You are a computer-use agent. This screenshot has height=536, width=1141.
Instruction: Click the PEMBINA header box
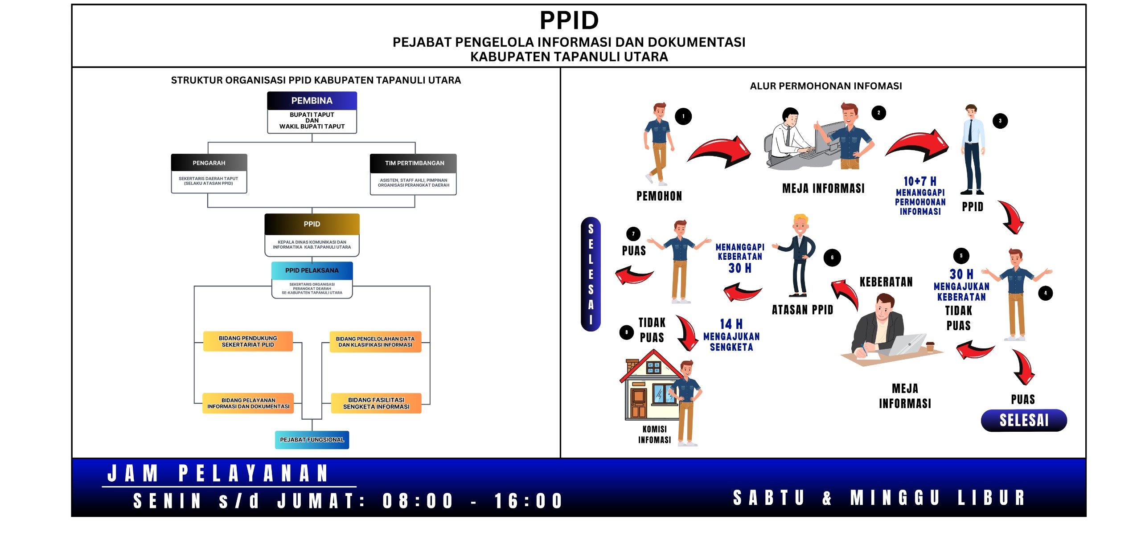(312, 101)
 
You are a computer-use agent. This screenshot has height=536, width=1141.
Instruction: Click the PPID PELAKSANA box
(312, 270)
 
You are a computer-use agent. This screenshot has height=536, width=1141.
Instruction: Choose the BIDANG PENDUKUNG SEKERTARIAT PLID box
(248, 341)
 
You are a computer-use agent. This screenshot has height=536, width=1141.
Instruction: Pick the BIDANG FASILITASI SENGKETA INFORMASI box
(376, 403)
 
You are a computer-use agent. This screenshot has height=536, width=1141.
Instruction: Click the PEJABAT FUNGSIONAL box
(312, 440)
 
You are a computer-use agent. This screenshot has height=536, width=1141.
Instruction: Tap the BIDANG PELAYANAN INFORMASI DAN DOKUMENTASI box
(248, 403)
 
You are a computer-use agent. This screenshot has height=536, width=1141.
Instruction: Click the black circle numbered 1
(683, 116)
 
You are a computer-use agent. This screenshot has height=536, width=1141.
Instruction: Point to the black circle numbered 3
(1000, 121)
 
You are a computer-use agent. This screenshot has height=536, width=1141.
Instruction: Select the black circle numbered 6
(832, 258)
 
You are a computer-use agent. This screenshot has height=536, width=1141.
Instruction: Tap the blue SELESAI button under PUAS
(1024, 420)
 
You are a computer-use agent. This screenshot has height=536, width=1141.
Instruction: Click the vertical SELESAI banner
(591, 274)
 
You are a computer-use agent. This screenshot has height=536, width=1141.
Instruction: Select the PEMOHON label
(659, 196)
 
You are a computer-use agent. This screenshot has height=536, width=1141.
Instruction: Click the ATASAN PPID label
(802, 310)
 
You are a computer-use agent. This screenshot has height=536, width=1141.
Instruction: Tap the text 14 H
(731, 324)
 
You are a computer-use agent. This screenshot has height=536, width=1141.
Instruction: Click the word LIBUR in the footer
(991, 498)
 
